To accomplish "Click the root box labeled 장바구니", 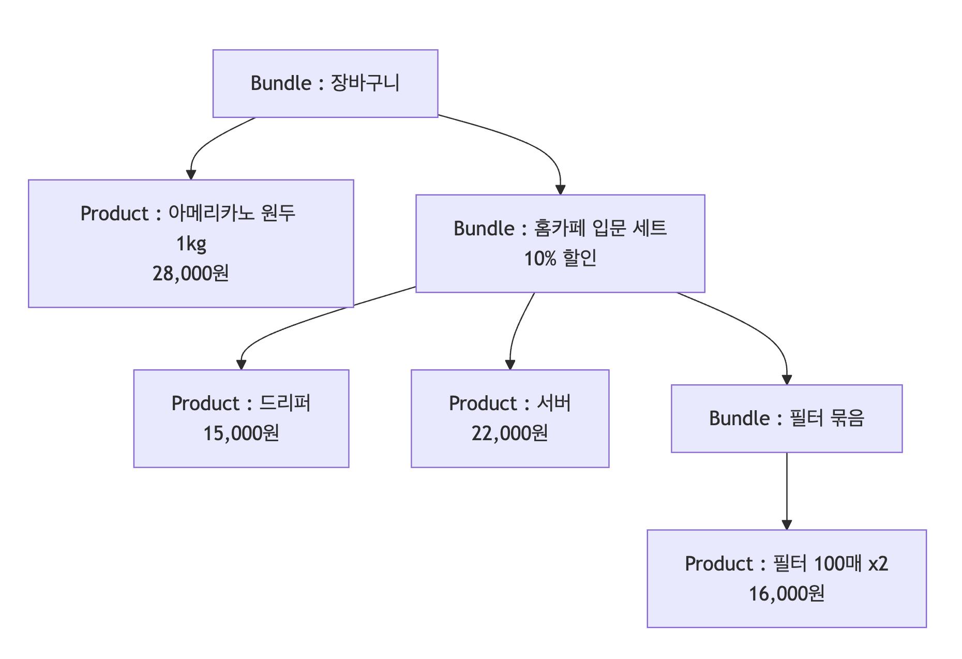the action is click(325, 83).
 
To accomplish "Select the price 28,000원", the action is click(191, 273).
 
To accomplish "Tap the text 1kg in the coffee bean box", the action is click(191, 243).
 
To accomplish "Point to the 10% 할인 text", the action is click(560, 258).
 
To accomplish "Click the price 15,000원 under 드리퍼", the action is click(241, 433).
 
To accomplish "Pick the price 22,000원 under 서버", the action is click(510, 433).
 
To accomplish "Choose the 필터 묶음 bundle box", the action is click(787, 418).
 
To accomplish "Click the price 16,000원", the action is click(787, 593).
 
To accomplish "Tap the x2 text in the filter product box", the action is click(878, 563).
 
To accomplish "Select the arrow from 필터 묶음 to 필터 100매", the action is click(787, 491).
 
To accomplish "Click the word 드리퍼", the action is click(285, 403).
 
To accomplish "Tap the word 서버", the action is click(554, 403).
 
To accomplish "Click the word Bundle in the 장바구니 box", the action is click(281, 83).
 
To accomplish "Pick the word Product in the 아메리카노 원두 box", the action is click(114, 214).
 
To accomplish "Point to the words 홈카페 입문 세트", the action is click(600, 228).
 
